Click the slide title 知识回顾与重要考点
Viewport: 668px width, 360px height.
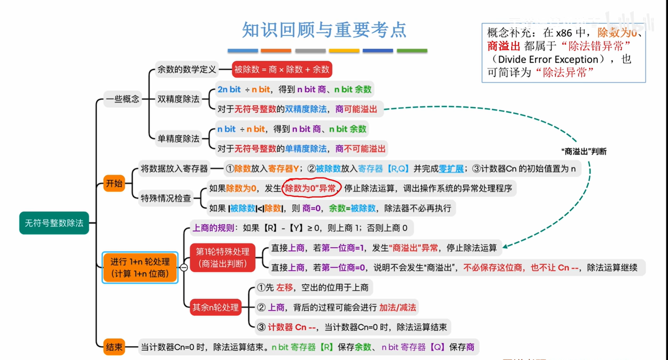tap(324, 30)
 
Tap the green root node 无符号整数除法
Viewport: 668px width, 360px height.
tap(54, 223)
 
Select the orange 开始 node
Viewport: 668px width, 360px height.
tap(114, 183)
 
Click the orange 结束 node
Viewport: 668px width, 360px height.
tap(114, 347)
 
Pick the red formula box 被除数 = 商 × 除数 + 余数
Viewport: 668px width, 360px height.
tap(282, 69)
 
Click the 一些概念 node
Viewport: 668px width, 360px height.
tap(123, 99)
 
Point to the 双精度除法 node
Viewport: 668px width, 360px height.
tap(178, 99)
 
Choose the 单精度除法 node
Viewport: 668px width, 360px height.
tap(178, 139)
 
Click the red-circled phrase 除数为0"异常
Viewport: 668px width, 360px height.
tap(311, 188)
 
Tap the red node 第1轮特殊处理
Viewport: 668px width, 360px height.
tap(222, 257)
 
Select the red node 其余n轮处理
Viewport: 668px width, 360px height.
tap(215, 307)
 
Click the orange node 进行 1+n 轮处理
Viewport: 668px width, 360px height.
tap(140, 268)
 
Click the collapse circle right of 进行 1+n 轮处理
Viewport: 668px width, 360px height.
tap(184, 268)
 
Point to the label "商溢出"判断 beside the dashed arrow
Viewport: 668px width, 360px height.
tap(584, 151)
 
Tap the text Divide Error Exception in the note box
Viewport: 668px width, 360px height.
tap(548, 59)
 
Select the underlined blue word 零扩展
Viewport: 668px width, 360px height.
tap(451, 169)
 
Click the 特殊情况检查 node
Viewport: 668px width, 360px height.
tap(166, 198)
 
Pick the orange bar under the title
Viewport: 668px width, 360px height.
tap(276, 51)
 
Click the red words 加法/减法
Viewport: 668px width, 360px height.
tap(398, 307)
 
